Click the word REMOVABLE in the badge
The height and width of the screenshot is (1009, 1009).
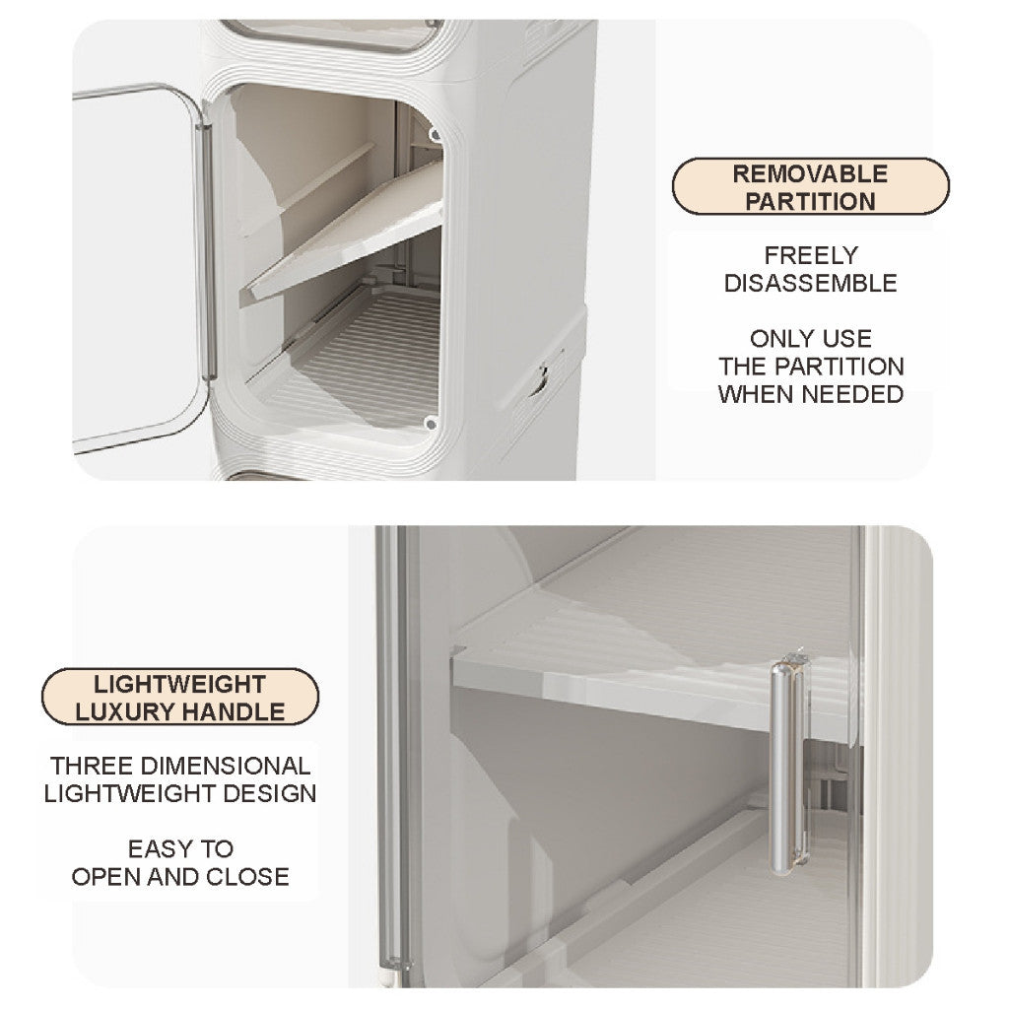click(x=810, y=174)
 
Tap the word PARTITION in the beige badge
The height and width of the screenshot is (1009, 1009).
click(x=810, y=201)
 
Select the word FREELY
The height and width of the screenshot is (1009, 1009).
click(x=810, y=256)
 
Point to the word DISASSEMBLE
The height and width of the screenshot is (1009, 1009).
click(x=810, y=284)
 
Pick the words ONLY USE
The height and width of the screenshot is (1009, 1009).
click(x=810, y=339)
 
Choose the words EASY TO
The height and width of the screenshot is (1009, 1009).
click(x=180, y=848)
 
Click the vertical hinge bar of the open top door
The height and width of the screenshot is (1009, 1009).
click(x=206, y=251)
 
